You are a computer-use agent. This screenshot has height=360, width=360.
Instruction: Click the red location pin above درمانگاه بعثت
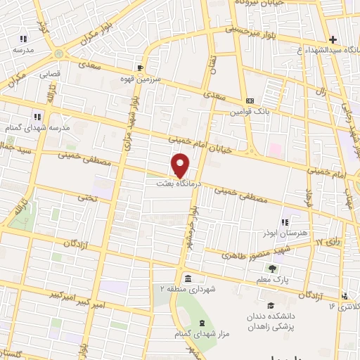[x=181, y=165]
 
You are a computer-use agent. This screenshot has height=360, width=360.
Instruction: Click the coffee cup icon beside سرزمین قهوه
[x=140, y=67]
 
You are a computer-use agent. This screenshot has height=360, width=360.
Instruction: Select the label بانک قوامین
[x=248, y=110]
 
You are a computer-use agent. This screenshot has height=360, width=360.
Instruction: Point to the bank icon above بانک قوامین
[x=249, y=101]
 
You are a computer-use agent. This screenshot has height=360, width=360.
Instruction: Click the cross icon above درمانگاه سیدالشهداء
[x=333, y=39]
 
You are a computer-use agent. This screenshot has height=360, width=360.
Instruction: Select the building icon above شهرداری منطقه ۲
[x=187, y=278]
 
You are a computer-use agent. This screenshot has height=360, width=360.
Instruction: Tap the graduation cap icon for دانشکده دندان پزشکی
[x=271, y=305]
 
